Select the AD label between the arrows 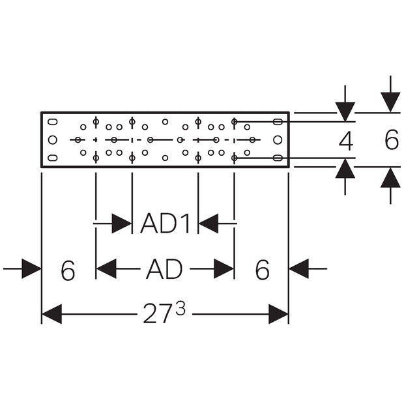click(x=164, y=268)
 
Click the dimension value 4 click(x=345, y=140)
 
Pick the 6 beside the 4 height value click(x=391, y=140)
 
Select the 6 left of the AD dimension click(x=68, y=270)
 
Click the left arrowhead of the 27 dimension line click(x=51, y=315)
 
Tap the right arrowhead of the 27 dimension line click(x=278, y=315)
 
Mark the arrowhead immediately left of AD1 click(x=121, y=224)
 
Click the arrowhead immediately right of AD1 click(x=209, y=224)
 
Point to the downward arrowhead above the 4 click(x=345, y=111)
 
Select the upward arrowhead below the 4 click(x=345, y=169)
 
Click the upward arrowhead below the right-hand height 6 click(x=390, y=177)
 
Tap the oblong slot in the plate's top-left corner click(x=53, y=122)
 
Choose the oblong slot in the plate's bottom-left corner click(x=53, y=158)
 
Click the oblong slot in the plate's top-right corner click(x=278, y=122)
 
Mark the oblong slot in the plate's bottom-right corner click(x=278, y=158)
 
